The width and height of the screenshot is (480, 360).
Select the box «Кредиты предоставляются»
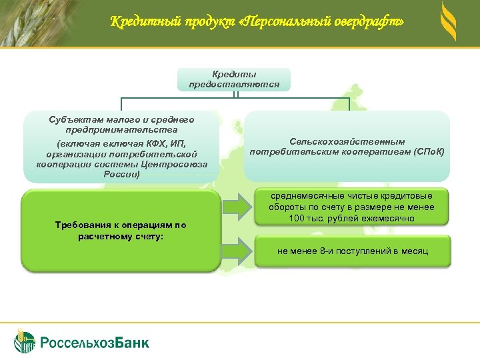coord(234,79)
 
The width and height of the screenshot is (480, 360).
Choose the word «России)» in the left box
coord(121,175)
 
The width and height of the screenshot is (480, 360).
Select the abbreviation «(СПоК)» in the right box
coord(429,152)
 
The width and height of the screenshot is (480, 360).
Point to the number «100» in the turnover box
coord(297,219)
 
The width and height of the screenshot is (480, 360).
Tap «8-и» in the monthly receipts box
coord(327,251)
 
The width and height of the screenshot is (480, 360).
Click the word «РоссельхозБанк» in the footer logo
coord(95,343)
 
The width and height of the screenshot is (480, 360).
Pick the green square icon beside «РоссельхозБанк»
coord(25,341)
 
